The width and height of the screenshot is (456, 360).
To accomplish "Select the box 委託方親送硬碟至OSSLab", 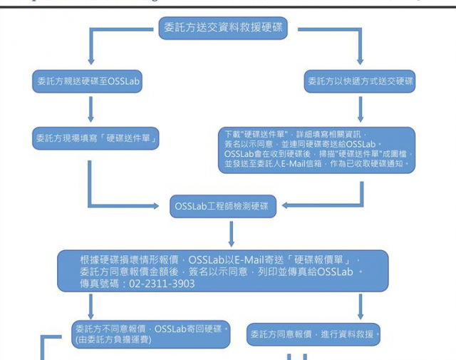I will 89,81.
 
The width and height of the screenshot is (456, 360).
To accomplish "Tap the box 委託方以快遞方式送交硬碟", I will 361,81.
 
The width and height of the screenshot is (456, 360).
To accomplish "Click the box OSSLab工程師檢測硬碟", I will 222,207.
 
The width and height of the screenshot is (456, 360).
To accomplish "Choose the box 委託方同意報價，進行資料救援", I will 314,334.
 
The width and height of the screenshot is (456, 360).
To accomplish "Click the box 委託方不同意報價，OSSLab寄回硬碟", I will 152,329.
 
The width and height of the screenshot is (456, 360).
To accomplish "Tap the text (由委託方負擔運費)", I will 113,340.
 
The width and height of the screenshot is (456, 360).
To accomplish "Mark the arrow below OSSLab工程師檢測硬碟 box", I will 231,233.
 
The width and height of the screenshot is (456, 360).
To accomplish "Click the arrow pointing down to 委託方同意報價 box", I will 361,307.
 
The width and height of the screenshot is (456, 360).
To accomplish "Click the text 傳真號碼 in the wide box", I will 103,283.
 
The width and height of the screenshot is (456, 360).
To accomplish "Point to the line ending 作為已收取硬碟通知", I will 316,164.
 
